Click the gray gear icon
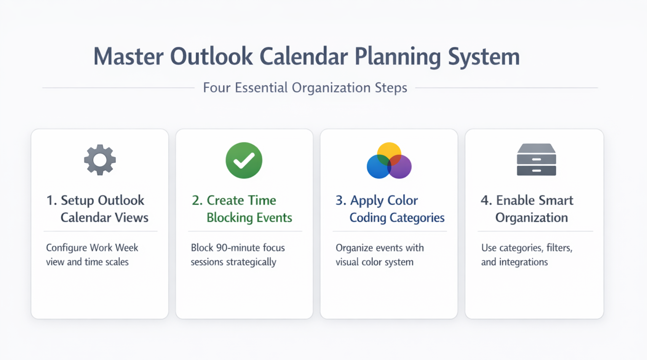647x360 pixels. coord(100,160)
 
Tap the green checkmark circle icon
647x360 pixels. coord(244,160)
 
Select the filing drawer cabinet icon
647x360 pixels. coord(536,160)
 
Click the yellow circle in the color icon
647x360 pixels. coord(389,153)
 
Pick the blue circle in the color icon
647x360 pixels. coord(378,167)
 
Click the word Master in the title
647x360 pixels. coord(128,56)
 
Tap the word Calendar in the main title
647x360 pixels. coord(304,56)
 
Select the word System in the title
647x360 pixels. coord(484,57)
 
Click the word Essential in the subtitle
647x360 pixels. coord(261,88)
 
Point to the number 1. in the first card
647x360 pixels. coord(52,200)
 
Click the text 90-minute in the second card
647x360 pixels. coord(238,248)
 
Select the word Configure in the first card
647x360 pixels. coord(67,248)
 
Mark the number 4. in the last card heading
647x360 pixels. coord(487,200)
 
